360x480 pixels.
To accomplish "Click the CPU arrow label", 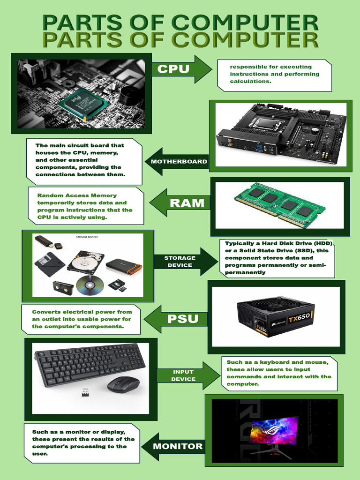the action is pyautogui.click(x=173, y=69).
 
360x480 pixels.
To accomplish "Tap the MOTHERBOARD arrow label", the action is pyautogui.click(x=179, y=161).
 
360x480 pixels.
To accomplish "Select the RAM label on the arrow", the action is pyautogui.click(x=187, y=203).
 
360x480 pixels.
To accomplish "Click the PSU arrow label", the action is pyautogui.click(x=183, y=319).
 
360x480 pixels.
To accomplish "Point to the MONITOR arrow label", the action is pyautogui.click(x=178, y=446).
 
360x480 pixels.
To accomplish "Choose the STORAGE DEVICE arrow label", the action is pyautogui.click(x=180, y=262).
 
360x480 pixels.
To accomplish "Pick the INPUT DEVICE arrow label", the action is pyautogui.click(x=183, y=375).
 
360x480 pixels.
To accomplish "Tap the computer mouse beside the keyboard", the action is pyautogui.click(x=123, y=384).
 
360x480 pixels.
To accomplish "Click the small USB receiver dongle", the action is pyautogui.click(x=85, y=392).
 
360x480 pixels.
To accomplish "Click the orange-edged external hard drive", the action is pyautogui.click(x=124, y=266).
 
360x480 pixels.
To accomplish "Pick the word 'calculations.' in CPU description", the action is pyautogui.click(x=251, y=82).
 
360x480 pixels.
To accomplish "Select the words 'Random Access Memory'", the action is pyautogui.click(x=77, y=195).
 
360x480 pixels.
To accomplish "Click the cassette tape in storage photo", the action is pyautogui.click(x=63, y=288).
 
